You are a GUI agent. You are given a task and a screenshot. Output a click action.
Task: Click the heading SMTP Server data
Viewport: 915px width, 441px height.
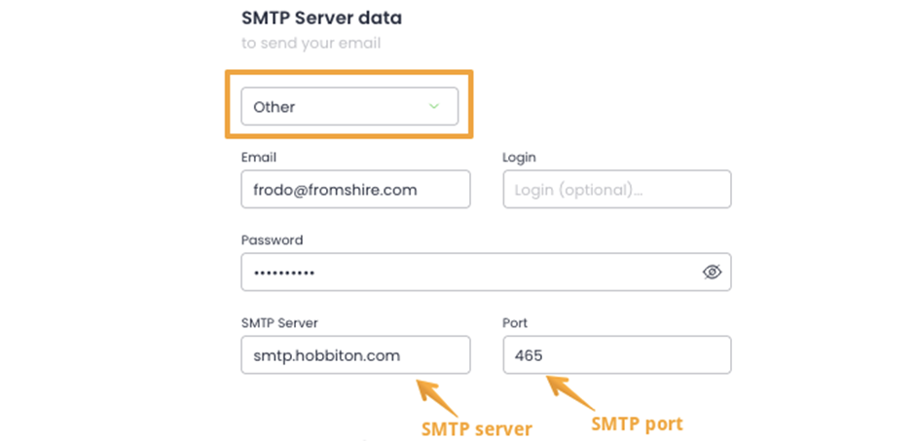tap(321, 18)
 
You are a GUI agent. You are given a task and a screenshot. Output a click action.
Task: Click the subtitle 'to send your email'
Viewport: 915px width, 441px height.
tap(311, 44)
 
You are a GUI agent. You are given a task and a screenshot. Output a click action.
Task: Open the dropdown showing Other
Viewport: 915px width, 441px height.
tap(349, 106)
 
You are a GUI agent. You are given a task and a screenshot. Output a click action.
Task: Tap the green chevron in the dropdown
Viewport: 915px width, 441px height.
tap(433, 106)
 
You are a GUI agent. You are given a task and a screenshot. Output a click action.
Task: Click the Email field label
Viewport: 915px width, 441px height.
tap(259, 157)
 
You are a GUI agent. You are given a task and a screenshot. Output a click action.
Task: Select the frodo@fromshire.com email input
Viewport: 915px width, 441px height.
tap(355, 189)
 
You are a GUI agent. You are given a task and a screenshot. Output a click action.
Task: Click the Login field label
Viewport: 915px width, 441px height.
tap(519, 157)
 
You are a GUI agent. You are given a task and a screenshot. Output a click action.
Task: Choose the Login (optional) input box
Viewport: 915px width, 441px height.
tap(617, 189)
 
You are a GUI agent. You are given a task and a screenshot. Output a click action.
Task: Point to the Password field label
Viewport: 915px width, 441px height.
tap(272, 239)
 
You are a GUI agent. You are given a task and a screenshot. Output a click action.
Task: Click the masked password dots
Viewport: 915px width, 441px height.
tap(284, 273)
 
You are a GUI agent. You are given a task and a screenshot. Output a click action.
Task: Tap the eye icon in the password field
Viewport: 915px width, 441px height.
tap(712, 272)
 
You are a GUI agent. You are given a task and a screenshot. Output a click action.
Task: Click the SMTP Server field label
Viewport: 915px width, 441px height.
tap(279, 322)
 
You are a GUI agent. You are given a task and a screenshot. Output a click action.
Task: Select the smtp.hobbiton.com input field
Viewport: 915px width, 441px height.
tap(355, 354)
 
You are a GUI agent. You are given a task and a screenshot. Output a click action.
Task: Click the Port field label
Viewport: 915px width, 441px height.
tap(515, 322)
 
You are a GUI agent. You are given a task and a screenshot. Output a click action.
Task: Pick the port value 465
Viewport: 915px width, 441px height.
tap(529, 355)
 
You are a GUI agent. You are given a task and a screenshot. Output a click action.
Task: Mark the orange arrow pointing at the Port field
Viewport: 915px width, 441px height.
tap(569, 392)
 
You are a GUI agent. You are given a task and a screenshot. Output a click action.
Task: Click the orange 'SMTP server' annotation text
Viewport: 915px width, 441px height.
tap(477, 429)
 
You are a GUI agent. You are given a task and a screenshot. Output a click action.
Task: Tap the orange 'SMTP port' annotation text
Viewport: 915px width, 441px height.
tap(637, 423)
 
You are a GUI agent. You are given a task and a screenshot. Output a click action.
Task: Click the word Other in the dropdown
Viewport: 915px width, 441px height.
tap(274, 107)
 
